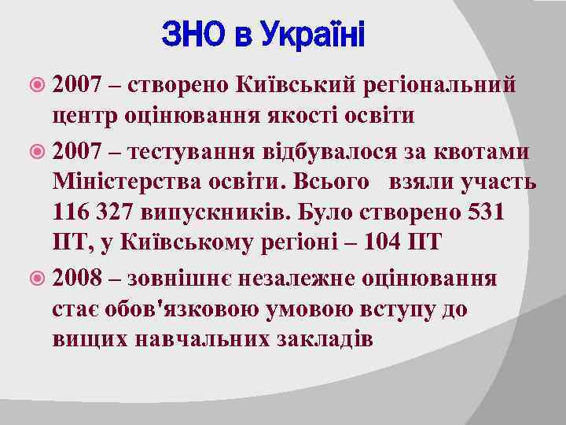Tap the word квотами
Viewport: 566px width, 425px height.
480,150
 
